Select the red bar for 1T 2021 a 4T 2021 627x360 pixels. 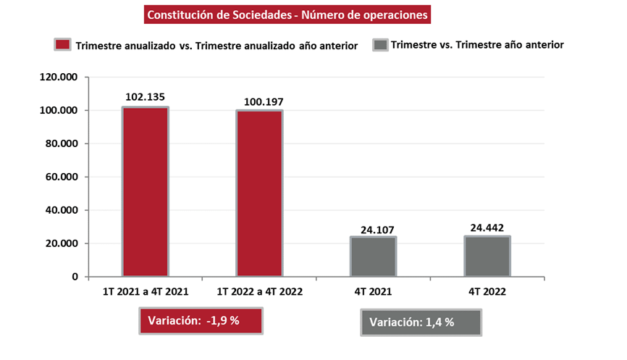pos(145,192)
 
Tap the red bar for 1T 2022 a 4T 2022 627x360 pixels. pos(258,193)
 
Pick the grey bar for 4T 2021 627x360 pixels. pos(373,256)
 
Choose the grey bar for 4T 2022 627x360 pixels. pos(487,256)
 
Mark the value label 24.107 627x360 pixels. pos(373,230)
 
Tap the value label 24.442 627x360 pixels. pos(487,227)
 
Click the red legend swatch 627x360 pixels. pos(62,45)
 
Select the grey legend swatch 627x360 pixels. pos(380,45)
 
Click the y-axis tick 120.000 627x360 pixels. pos(60,77)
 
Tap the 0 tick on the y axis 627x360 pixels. pos(75,277)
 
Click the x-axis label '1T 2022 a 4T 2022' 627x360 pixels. pos(259,292)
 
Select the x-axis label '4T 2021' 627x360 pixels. pos(373,292)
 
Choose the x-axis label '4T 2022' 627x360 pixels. pos(487,292)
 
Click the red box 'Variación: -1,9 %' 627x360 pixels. pos(201,321)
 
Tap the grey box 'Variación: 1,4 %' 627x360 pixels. pos(420,322)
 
